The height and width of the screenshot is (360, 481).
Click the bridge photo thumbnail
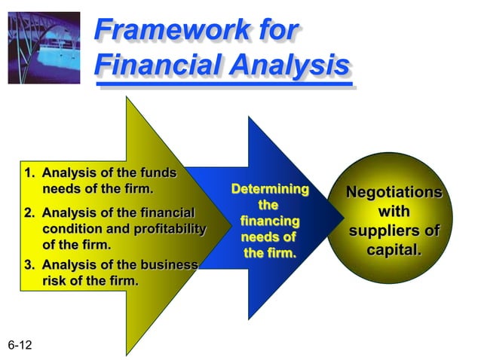click(44, 44)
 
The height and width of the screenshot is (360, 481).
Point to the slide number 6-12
click(22, 345)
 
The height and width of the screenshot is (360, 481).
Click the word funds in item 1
click(158, 174)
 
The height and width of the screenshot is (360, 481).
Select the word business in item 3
click(170, 265)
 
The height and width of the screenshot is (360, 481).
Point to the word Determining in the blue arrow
click(269, 188)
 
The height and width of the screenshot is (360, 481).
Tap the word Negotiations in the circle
click(394, 192)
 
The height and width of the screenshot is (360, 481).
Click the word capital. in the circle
click(394, 249)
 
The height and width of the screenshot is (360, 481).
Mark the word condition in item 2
click(71, 229)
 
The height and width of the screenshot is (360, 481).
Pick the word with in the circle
click(394, 212)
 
